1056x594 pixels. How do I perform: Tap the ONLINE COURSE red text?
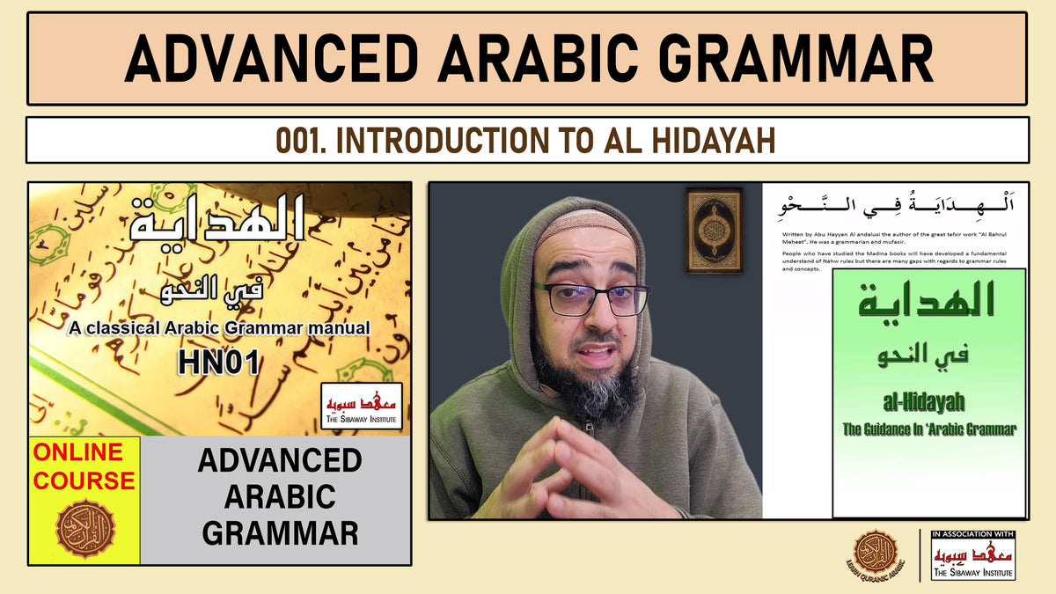(x=84, y=466)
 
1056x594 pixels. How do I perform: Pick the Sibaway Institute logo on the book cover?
(x=362, y=406)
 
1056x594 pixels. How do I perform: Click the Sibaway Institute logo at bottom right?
(x=973, y=559)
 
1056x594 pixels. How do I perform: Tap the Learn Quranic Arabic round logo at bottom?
(x=876, y=554)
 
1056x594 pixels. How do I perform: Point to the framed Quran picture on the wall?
(x=714, y=230)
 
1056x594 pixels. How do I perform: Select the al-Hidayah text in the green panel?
(x=928, y=403)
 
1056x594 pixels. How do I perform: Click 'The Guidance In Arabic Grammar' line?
(x=928, y=429)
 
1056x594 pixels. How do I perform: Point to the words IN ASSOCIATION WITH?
(x=972, y=533)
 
